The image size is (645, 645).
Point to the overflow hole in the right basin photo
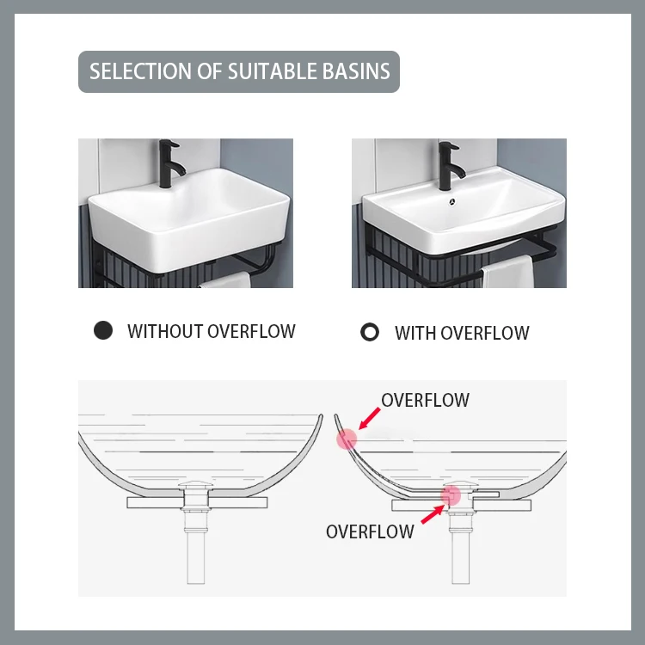[451, 204]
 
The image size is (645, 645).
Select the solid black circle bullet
[103, 331]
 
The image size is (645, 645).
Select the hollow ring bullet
[370, 332]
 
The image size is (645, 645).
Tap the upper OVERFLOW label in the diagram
[425, 400]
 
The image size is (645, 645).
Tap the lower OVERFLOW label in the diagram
[370, 531]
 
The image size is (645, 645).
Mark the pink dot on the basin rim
[347, 439]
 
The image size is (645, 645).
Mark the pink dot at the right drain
[451, 494]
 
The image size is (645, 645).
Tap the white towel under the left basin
[225, 280]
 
